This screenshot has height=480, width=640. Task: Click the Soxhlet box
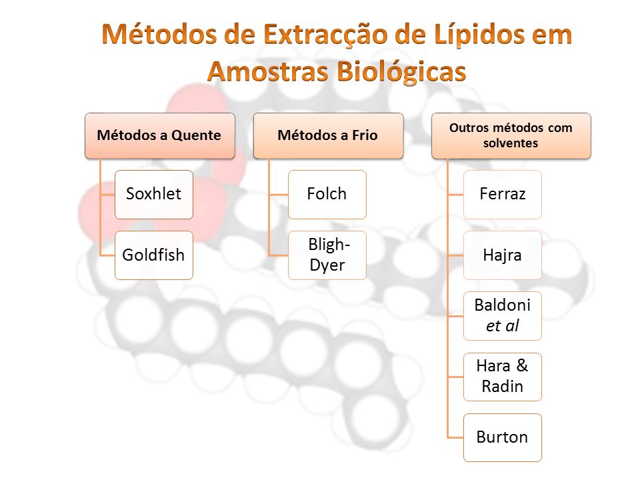pyautogui.click(x=154, y=195)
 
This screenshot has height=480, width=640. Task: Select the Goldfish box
pyautogui.click(x=154, y=255)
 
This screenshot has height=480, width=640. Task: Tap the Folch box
pyautogui.click(x=327, y=195)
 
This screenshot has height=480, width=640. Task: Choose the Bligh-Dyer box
pyautogui.click(x=327, y=255)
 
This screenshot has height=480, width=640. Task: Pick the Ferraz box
pyautogui.click(x=503, y=195)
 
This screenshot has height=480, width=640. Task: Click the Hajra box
pyautogui.click(x=503, y=255)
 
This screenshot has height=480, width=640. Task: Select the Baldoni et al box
pyautogui.click(x=503, y=316)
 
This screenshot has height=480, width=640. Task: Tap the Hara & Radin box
pyautogui.click(x=503, y=377)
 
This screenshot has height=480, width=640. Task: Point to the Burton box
pyautogui.click(x=503, y=437)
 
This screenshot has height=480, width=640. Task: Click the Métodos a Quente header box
pyautogui.click(x=160, y=136)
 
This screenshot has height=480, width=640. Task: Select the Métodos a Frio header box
pyautogui.click(x=329, y=136)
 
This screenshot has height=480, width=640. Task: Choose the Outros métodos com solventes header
pyautogui.click(x=511, y=136)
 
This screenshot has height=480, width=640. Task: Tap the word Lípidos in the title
pyautogui.click(x=480, y=34)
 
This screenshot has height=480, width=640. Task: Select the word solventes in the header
pyautogui.click(x=511, y=143)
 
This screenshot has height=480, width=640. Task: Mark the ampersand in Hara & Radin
pyautogui.click(x=522, y=365)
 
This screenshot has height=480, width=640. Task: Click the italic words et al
pyautogui.click(x=503, y=326)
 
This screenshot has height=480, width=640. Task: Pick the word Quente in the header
pyautogui.click(x=196, y=135)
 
